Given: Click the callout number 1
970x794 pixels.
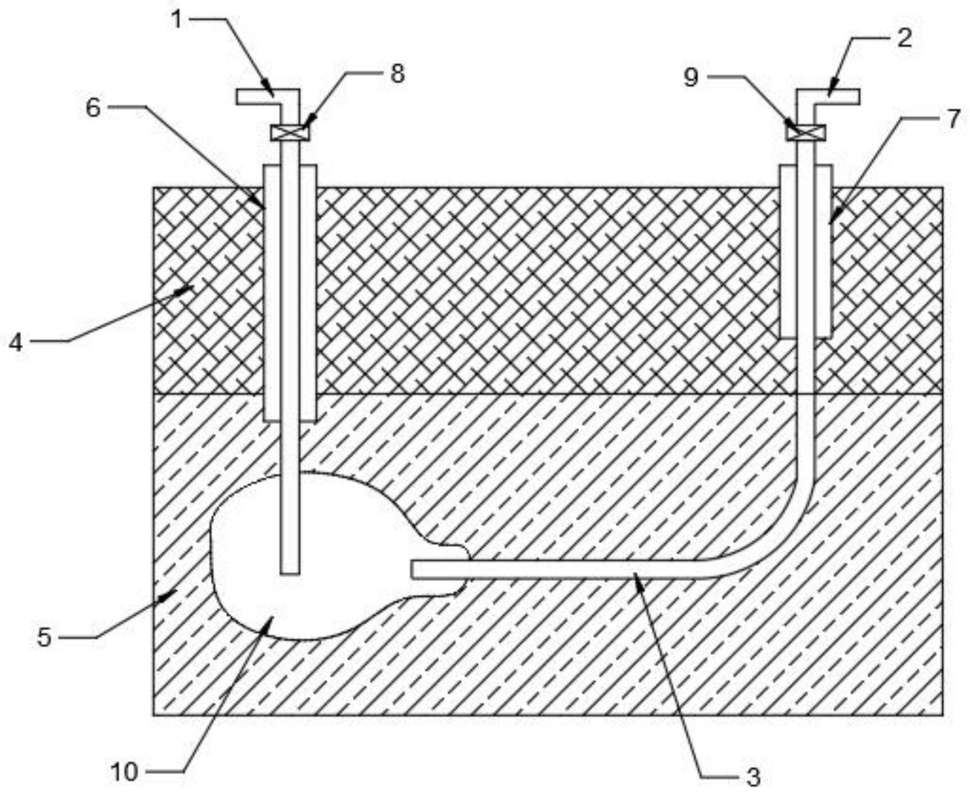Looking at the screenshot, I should [177, 20].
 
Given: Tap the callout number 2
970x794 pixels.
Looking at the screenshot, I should [904, 38].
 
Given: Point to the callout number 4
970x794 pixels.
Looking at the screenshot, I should [16, 342].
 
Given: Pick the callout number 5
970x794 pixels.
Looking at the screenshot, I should [44, 638].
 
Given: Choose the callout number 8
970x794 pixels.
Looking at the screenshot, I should [398, 74].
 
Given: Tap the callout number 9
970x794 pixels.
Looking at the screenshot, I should [691, 78].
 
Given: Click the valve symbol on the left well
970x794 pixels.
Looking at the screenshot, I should [290, 132].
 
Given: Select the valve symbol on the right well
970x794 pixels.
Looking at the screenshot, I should [806, 132].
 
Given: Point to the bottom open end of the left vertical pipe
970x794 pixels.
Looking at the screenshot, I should [290, 572].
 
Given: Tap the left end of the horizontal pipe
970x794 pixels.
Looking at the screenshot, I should [414, 570].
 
